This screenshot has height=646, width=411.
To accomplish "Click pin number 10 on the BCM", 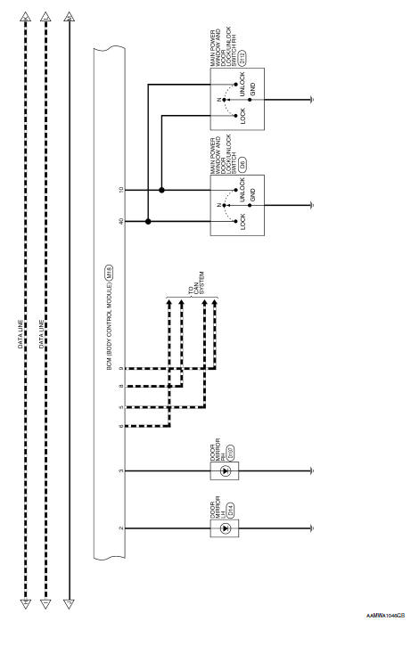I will click(x=120, y=189).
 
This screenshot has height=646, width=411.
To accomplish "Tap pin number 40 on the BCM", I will click(x=120, y=221).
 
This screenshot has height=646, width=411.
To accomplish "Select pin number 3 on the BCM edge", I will click(x=120, y=470).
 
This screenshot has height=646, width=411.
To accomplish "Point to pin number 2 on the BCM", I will click(x=120, y=528).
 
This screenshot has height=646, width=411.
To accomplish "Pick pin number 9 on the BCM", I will click(x=120, y=368).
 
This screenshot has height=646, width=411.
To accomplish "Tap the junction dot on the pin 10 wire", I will click(x=161, y=189).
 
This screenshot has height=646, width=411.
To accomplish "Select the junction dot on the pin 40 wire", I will click(x=148, y=221).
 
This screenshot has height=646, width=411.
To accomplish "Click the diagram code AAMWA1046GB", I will click(x=385, y=639).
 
